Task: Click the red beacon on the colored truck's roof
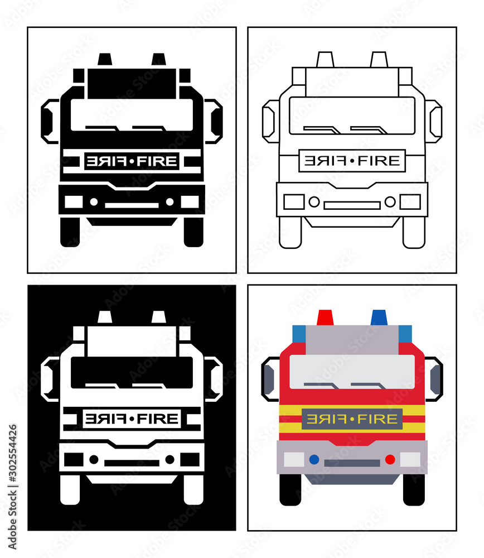point(324,318)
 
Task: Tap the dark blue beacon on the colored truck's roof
point(379,318)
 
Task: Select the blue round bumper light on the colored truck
point(314,459)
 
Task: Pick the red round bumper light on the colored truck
point(390,459)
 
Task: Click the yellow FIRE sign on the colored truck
point(352,419)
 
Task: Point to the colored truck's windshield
point(352,371)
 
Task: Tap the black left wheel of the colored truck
point(290,489)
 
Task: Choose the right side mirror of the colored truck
point(435,379)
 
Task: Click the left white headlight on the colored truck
point(294,459)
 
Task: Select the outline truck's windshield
point(352,114)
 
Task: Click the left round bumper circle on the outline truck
point(314,201)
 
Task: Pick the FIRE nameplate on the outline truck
point(352,161)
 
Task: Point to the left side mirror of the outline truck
point(269,121)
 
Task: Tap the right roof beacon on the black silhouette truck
point(159,59)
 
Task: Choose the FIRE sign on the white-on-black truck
point(132,419)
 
